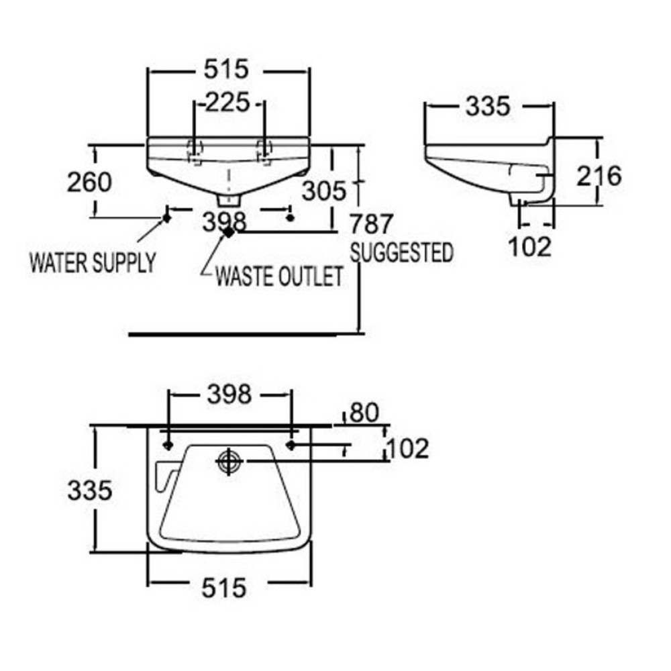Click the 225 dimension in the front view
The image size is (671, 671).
[x=227, y=103]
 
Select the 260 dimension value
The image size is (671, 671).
[x=90, y=181]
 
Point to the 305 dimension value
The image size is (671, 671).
[x=324, y=191]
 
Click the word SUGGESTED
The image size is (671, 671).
[x=402, y=252]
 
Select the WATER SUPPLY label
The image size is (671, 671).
[x=93, y=262]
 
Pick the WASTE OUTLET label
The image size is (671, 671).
[x=279, y=276]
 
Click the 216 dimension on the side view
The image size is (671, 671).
[x=599, y=176]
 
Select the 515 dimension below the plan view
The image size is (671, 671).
[x=224, y=588]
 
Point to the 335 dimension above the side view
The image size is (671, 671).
[x=488, y=105]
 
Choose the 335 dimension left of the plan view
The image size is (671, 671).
[x=89, y=491]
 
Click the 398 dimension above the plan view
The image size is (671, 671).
[x=229, y=394]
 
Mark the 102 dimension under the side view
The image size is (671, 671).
[x=529, y=246]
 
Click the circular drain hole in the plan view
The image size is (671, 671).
[x=229, y=461]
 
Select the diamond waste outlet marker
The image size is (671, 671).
[x=229, y=231]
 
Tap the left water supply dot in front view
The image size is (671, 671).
[x=165, y=217]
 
